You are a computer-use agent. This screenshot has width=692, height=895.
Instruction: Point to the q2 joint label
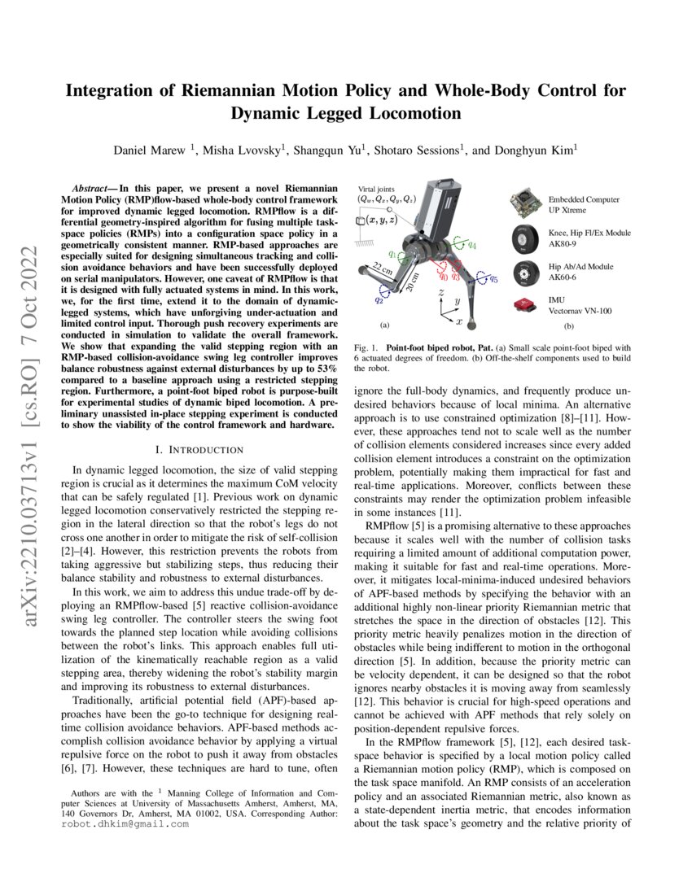pos(378,299)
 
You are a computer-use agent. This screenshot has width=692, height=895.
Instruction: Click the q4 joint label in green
pos(471,245)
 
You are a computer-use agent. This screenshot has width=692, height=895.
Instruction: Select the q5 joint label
pos(493,280)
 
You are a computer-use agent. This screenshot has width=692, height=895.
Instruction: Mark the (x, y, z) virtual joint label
pos(381,220)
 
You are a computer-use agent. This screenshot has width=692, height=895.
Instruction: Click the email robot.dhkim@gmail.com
pos(125,823)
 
